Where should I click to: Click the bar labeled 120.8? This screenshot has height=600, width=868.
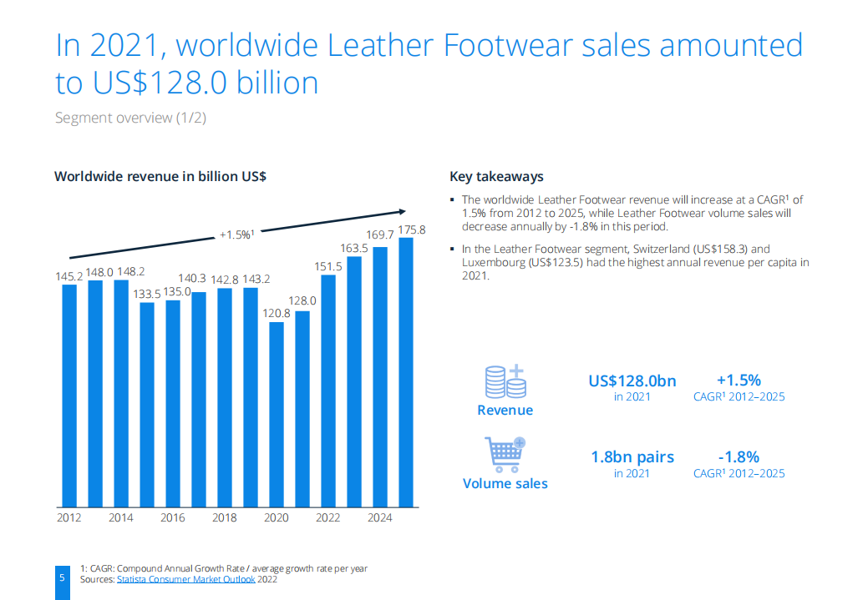pyautogui.click(x=277, y=415)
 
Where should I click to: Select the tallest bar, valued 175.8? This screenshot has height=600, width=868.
pyautogui.click(x=406, y=373)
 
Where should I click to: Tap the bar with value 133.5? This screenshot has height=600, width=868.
pyautogui.click(x=147, y=405)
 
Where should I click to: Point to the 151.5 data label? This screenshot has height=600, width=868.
pyautogui.click(x=328, y=266)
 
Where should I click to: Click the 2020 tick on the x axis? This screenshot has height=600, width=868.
pyautogui.click(x=277, y=518)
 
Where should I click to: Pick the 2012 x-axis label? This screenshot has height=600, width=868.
pyautogui.click(x=69, y=518)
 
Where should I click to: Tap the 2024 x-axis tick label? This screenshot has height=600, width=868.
pyautogui.click(x=380, y=518)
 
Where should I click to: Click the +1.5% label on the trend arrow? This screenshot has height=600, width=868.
pyautogui.click(x=236, y=235)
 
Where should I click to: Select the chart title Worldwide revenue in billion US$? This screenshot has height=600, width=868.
pyautogui.click(x=160, y=176)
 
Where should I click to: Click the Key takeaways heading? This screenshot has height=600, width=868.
pyautogui.click(x=496, y=176)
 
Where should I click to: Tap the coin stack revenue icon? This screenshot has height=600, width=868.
pyautogui.click(x=505, y=382)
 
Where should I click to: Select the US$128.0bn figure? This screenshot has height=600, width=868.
pyautogui.click(x=632, y=381)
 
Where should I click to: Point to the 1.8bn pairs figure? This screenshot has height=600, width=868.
pyautogui.click(x=632, y=456)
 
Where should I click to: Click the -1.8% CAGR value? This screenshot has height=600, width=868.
pyautogui.click(x=739, y=456)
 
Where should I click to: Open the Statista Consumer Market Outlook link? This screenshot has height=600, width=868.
pyautogui.click(x=185, y=579)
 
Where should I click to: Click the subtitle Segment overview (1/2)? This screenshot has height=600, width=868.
pyautogui.click(x=130, y=118)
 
